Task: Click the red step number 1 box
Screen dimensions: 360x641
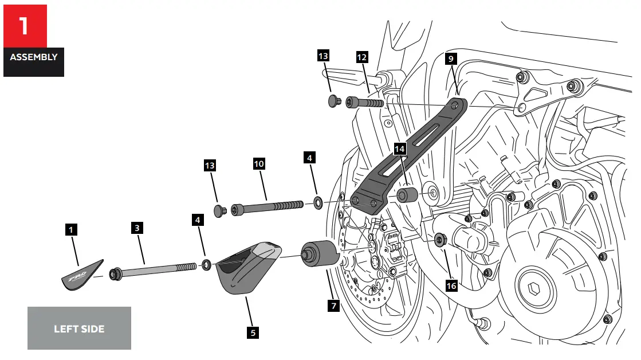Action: tap(25, 26)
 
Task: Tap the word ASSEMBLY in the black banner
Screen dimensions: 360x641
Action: tap(33, 57)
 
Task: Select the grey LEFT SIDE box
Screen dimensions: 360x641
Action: tap(79, 328)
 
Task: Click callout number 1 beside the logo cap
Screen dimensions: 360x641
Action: tap(70, 230)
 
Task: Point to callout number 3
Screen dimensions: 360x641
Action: tap(136, 228)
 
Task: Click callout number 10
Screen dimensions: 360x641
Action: tap(259, 163)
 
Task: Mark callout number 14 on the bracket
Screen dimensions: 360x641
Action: tap(399, 149)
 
